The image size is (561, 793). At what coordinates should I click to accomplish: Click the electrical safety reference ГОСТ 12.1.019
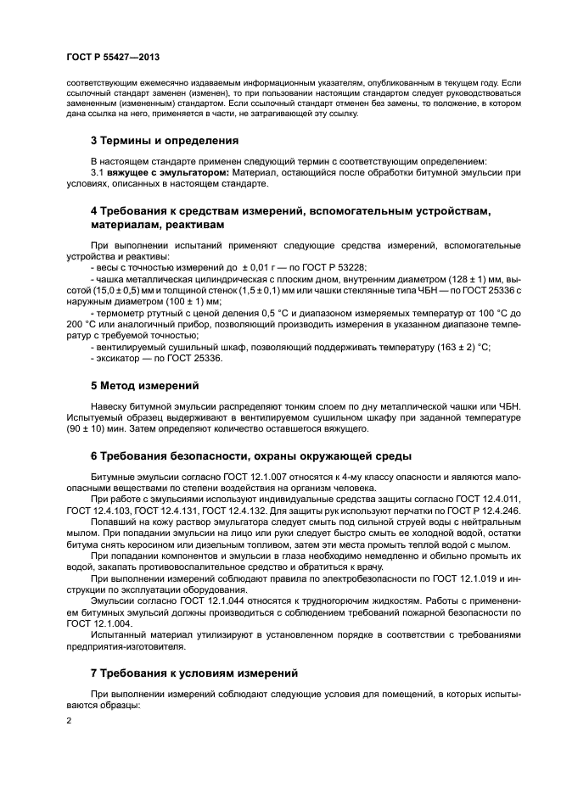[468, 578]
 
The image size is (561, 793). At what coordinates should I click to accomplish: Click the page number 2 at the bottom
[69, 719]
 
